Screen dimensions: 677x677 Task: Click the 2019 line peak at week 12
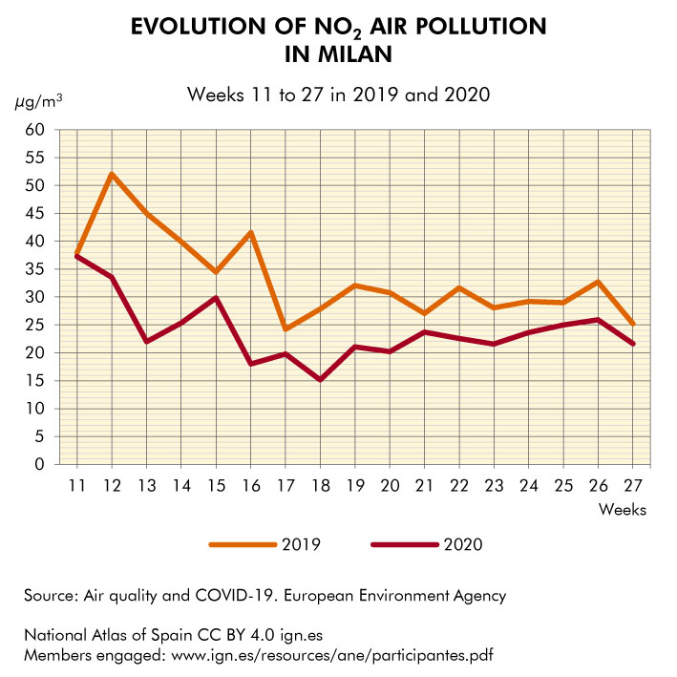113,174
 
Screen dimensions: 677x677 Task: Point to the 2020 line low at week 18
320,379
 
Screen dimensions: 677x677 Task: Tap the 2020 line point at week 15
217,298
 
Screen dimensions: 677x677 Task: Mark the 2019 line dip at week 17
286,329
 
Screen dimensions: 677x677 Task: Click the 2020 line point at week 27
632,344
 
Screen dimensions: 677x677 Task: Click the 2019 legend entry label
301,544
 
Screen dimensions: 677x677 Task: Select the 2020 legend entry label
463,544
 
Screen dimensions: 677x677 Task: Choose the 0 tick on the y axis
39,465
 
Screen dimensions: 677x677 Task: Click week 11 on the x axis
77,484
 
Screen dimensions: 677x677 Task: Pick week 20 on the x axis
390,484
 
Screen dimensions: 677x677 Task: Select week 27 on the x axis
632,484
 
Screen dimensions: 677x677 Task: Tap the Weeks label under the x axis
623,509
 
